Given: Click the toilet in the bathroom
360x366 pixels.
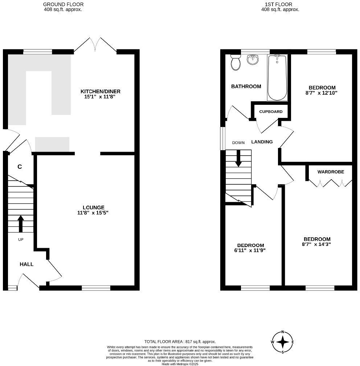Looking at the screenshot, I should pos(236,63).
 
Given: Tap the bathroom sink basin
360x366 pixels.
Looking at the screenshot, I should pos(253,59).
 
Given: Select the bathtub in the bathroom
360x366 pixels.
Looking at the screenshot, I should pos(278,78).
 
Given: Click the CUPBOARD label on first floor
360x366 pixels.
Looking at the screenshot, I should pos(271,112).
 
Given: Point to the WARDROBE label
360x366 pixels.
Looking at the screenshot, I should pos(331,172).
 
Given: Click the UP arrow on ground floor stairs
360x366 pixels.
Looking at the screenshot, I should pos(20,223).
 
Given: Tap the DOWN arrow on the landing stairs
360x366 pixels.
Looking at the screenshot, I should pos(238,159).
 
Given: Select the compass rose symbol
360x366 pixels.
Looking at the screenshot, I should pos(282,342).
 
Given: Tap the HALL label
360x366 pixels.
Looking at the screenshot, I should pos(26,264).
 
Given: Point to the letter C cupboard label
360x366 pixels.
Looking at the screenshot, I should pos(20,167).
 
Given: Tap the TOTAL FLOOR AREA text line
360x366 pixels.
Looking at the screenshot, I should pos(180,341).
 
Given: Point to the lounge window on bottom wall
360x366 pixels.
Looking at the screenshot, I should pos(96,288).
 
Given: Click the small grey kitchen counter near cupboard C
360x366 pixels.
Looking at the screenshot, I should pos(52,144).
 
